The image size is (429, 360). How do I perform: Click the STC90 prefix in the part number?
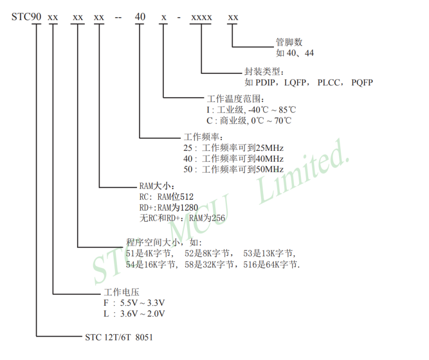tap(26, 17)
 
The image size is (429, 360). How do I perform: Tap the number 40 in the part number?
tap(140, 17)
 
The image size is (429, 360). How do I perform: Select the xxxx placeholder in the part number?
tap(201, 17)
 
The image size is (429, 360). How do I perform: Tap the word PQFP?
tap(362, 82)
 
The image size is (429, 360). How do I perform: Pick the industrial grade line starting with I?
tap(251, 109)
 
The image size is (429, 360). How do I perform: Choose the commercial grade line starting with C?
tap(249, 120)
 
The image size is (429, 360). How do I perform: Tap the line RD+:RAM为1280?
tap(169, 207)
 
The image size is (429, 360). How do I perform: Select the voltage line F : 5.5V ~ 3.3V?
tap(134, 303)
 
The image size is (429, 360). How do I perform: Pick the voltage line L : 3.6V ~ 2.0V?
tap(134, 314)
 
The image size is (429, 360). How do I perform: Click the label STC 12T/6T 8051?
tap(119, 337)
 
